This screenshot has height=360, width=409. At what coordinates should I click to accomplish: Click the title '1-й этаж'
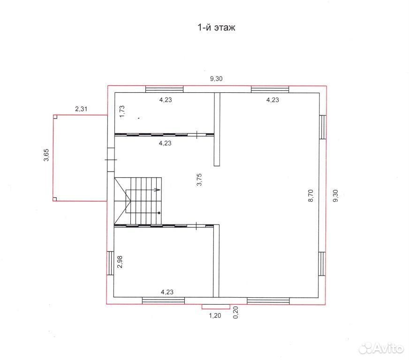(217, 27)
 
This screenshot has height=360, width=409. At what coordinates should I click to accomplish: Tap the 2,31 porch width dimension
(81, 109)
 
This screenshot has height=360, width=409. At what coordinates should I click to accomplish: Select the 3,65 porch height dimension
(46, 155)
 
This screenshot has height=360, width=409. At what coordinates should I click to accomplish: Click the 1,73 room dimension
(122, 112)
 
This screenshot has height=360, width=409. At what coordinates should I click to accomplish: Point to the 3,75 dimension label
(199, 180)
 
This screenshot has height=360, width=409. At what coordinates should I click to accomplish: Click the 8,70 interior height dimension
(311, 196)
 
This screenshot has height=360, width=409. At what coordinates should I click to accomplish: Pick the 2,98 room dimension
(120, 262)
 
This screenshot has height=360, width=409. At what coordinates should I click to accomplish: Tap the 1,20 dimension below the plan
(215, 315)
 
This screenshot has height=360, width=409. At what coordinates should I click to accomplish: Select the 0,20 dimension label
(235, 312)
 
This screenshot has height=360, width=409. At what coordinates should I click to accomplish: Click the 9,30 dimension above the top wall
(216, 78)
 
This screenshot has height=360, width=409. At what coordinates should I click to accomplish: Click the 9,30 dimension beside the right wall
(335, 195)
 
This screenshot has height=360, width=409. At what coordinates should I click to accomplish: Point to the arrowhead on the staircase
(158, 190)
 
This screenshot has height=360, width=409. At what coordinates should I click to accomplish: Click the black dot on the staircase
(159, 213)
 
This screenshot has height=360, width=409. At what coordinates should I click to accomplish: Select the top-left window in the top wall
(164, 90)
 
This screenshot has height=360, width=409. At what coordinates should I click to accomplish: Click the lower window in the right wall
(322, 263)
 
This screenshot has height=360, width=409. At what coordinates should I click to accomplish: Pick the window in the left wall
(111, 263)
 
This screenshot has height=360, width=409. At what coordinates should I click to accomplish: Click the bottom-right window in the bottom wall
(268, 301)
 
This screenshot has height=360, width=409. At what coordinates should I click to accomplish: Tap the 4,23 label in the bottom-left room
(167, 292)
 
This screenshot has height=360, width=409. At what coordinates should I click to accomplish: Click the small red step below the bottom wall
(216, 307)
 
